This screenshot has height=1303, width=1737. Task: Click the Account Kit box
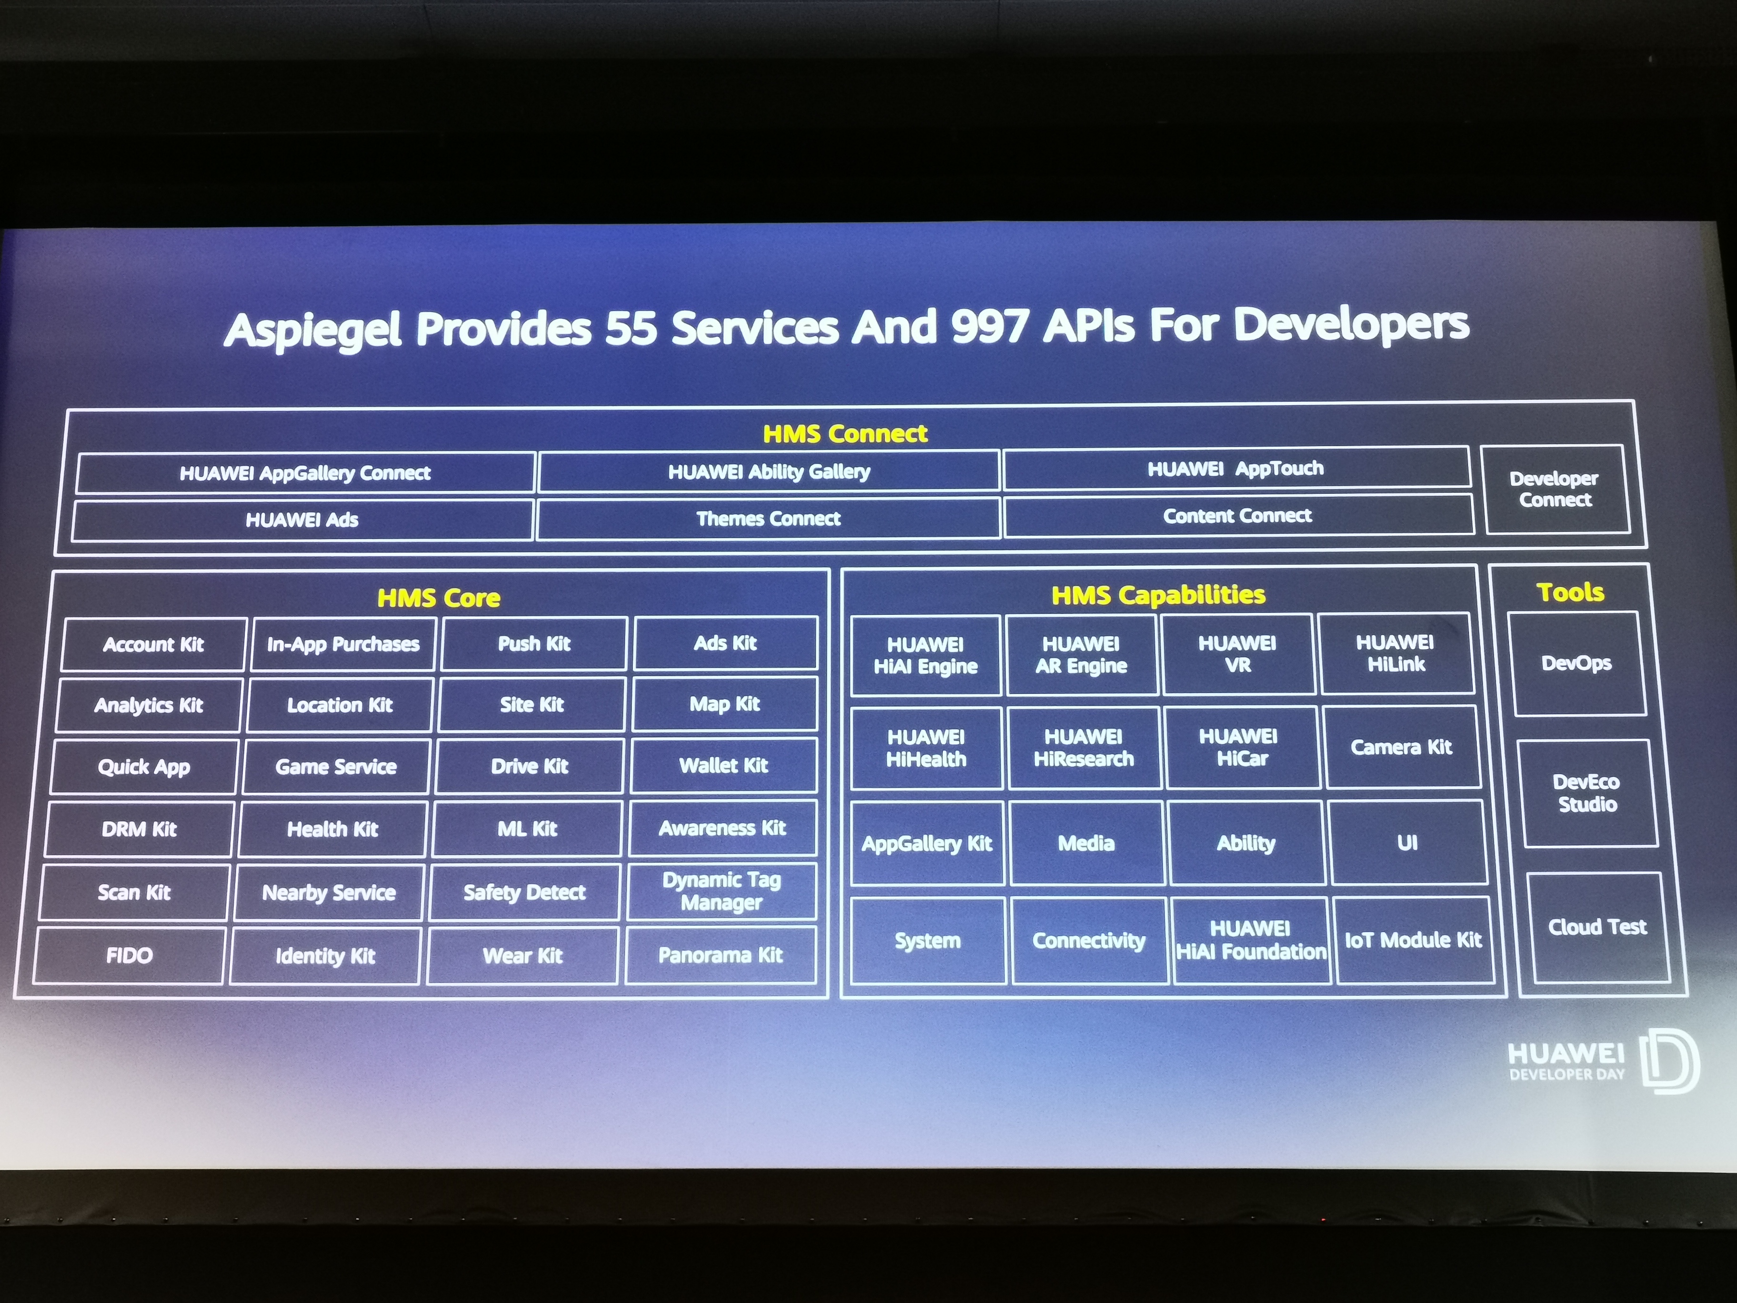(154, 644)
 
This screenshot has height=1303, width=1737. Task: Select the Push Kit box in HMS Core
(534, 643)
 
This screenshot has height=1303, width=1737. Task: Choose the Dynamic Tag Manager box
(722, 892)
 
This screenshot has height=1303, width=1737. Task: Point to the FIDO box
(130, 955)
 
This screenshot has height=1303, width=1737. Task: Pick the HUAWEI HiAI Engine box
(926, 655)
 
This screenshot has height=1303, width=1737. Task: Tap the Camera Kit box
(1402, 746)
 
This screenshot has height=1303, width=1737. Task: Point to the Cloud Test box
(1597, 927)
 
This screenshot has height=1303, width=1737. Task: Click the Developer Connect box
(1555, 489)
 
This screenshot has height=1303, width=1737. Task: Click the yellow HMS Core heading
(439, 598)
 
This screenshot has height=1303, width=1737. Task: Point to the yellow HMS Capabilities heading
(1158, 594)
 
